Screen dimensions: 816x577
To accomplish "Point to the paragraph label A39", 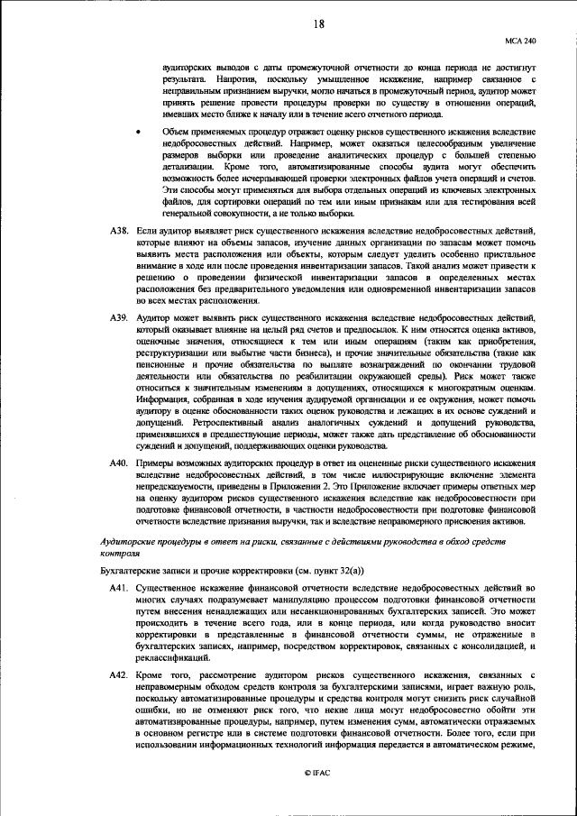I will point(121,319).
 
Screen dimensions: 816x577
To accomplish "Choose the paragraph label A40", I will point(121,463).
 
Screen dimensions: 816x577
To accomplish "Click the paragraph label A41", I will point(121,587).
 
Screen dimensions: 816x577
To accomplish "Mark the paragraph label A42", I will point(121,675).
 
